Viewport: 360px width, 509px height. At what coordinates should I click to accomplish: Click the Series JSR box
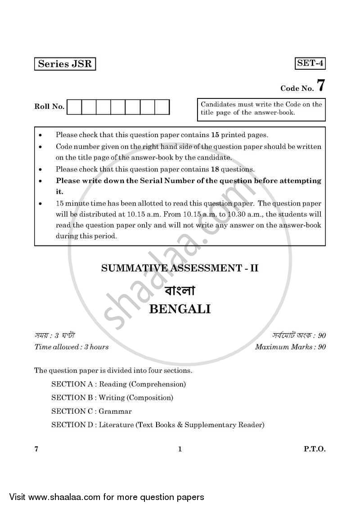coord(65,64)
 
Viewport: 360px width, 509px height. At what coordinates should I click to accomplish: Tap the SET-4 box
coord(310,63)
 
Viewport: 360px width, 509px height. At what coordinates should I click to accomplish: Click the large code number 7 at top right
coord(320,85)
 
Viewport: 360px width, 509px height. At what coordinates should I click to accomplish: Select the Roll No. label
coord(49,107)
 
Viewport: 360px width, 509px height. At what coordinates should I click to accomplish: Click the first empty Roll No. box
coord(75,107)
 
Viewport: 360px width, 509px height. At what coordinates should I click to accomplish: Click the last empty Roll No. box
coord(162,107)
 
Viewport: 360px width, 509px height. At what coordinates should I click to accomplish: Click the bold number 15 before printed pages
coord(215,134)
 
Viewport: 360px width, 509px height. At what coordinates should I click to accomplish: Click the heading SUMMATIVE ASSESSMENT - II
coord(180,268)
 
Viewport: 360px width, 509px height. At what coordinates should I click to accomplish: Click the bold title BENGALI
coord(180,309)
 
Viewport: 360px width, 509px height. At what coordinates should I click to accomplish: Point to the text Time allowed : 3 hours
coord(72,347)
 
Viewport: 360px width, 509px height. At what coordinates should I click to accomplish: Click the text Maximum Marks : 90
coord(290,347)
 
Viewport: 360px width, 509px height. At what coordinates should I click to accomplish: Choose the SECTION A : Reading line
coord(118,384)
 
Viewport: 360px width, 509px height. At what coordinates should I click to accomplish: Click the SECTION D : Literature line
coord(157,425)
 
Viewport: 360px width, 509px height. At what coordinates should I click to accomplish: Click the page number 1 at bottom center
coord(180,449)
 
